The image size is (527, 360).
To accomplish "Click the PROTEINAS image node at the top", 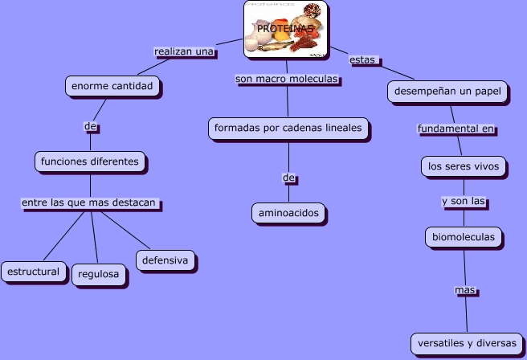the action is [284, 30].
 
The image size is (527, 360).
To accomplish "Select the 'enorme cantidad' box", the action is [112, 85].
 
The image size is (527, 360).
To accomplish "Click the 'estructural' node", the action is [33, 272].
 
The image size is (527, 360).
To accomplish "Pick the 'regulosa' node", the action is [100, 275].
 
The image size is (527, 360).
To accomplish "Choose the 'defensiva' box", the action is [165, 260].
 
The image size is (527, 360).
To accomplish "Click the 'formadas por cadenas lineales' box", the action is [288, 128].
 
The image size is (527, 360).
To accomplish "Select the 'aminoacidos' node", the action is [288, 213].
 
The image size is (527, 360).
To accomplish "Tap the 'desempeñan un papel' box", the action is [447, 92].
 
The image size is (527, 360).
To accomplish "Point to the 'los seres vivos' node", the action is [464, 167].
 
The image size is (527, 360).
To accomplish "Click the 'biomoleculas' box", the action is [464, 237].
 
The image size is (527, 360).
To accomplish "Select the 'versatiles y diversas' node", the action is [466, 343].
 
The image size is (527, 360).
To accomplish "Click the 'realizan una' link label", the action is [184, 51].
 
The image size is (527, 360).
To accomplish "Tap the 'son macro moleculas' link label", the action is [286, 79].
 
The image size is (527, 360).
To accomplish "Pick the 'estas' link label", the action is [363, 59].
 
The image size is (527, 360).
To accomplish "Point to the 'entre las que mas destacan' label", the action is [88, 203].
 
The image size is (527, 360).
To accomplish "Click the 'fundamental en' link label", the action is [455, 129].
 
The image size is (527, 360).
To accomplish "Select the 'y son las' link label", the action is [464, 202].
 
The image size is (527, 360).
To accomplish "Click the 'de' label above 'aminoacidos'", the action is [289, 177].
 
